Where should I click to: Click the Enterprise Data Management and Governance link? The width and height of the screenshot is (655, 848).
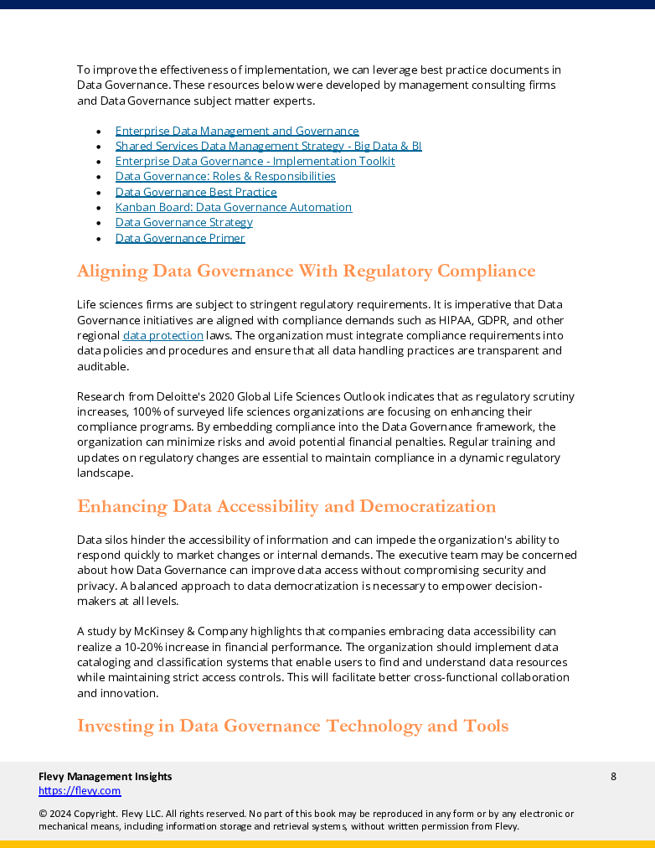pyautogui.click(x=237, y=131)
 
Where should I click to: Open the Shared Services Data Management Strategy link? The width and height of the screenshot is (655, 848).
pyautogui.click(x=268, y=146)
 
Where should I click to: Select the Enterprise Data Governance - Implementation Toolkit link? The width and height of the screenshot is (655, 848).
pyautogui.click(x=255, y=161)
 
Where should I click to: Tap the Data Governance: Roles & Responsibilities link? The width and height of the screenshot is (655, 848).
pyautogui.click(x=225, y=177)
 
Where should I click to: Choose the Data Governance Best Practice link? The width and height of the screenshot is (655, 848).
pyautogui.click(x=196, y=192)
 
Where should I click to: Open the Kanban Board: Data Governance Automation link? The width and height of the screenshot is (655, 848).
pyautogui.click(x=234, y=207)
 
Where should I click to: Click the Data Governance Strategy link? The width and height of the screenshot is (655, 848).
pyautogui.click(x=184, y=222)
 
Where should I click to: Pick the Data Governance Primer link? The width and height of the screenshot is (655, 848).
pyautogui.click(x=180, y=238)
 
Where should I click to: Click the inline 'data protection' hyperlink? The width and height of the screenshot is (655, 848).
pyautogui.click(x=163, y=335)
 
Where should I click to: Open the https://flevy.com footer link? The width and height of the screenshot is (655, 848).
pyautogui.click(x=80, y=790)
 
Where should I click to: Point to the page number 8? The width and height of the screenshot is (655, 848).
pyautogui.click(x=613, y=776)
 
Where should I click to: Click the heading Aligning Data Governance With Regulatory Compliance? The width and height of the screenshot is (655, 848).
pyautogui.click(x=306, y=271)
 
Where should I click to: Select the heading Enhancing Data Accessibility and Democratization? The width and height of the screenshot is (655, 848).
pyautogui.click(x=286, y=507)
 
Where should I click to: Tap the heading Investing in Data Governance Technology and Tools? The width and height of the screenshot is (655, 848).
pyautogui.click(x=292, y=726)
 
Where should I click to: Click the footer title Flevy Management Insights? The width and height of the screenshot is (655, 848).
pyautogui.click(x=106, y=776)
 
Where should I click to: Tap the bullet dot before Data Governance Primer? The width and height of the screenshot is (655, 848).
pyautogui.click(x=99, y=239)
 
